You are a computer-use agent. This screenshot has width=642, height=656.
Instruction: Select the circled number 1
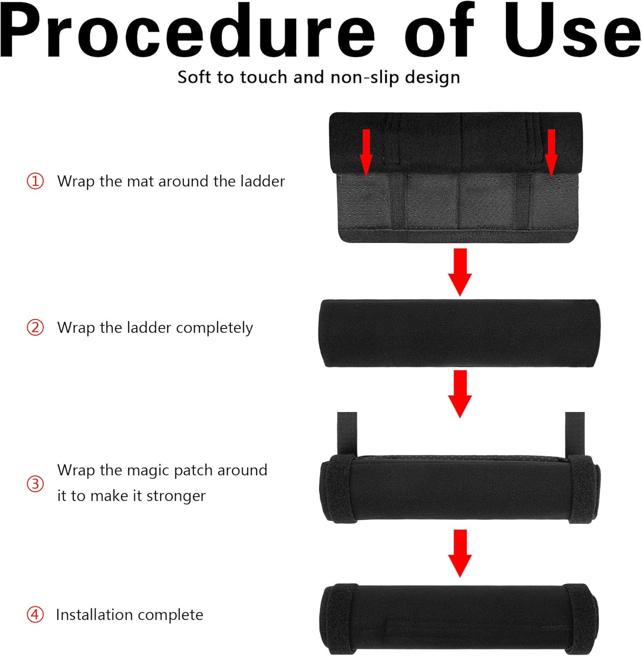(x=35, y=181)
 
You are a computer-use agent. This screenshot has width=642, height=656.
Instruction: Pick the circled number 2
(x=35, y=327)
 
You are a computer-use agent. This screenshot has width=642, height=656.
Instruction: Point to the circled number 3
(x=35, y=484)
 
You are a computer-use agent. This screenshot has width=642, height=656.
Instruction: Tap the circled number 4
(x=35, y=614)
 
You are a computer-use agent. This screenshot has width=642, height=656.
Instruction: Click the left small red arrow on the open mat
(x=366, y=153)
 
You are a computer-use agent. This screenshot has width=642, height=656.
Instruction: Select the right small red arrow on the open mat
(x=551, y=153)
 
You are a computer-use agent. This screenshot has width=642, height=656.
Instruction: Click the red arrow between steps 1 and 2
(x=460, y=272)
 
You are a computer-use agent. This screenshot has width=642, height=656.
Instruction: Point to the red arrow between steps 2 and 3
(x=460, y=394)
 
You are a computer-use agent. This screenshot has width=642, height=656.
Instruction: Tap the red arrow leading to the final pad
(x=460, y=553)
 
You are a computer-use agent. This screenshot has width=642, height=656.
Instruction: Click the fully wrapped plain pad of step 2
(x=459, y=333)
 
